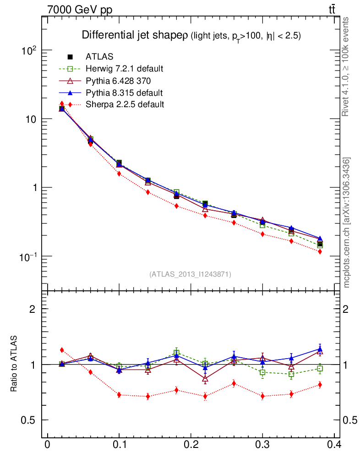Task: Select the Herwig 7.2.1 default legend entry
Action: (x=124, y=69)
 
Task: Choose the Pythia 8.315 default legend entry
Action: (x=124, y=93)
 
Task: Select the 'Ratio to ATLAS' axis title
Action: (x=15, y=364)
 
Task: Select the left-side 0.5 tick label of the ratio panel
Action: (x=29, y=420)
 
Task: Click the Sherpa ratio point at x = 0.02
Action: (x=62, y=350)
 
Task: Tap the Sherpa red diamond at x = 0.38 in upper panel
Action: (x=320, y=251)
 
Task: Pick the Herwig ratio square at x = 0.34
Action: (x=291, y=374)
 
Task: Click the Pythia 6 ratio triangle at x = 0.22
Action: (x=205, y=379)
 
